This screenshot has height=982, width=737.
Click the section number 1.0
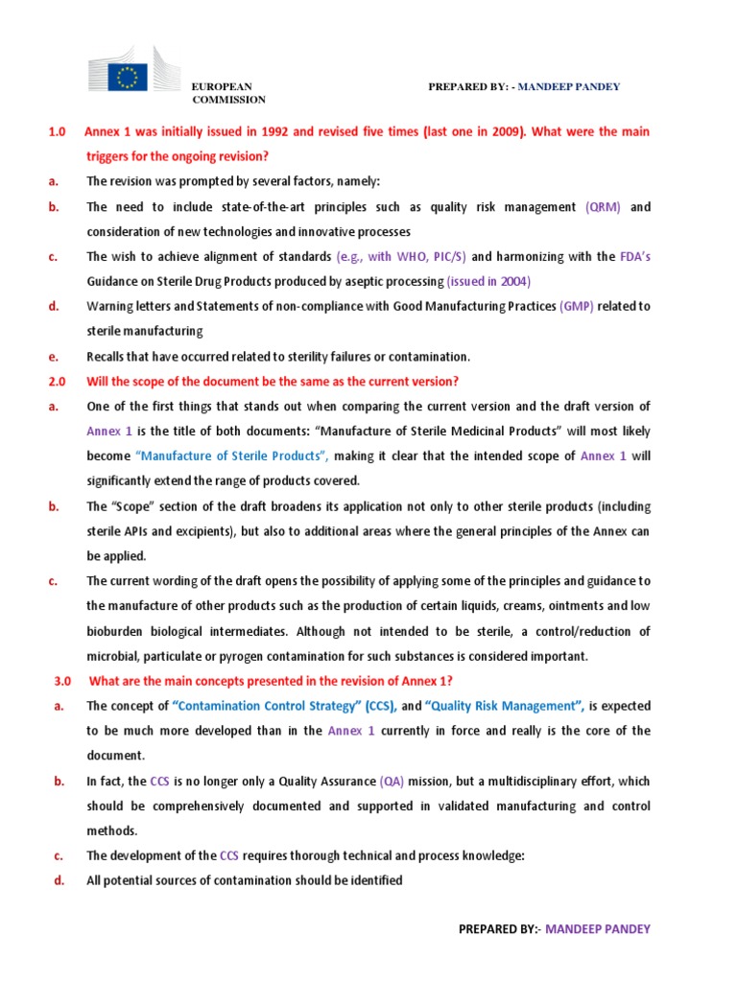coord(57,131)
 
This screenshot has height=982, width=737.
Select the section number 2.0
coord(57,382)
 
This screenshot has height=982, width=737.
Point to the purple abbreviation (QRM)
coord(603,206)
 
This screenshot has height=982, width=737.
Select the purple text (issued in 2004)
coord(488,281)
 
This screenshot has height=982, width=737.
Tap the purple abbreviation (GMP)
coord(577,306)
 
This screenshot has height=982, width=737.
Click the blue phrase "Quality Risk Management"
coord(504,706)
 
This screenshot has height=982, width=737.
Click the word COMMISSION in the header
coord(229,100)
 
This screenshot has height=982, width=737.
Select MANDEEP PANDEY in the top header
coord(570,87)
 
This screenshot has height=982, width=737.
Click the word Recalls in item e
coord(107,357)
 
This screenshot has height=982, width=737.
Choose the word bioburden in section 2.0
coord(118,631)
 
